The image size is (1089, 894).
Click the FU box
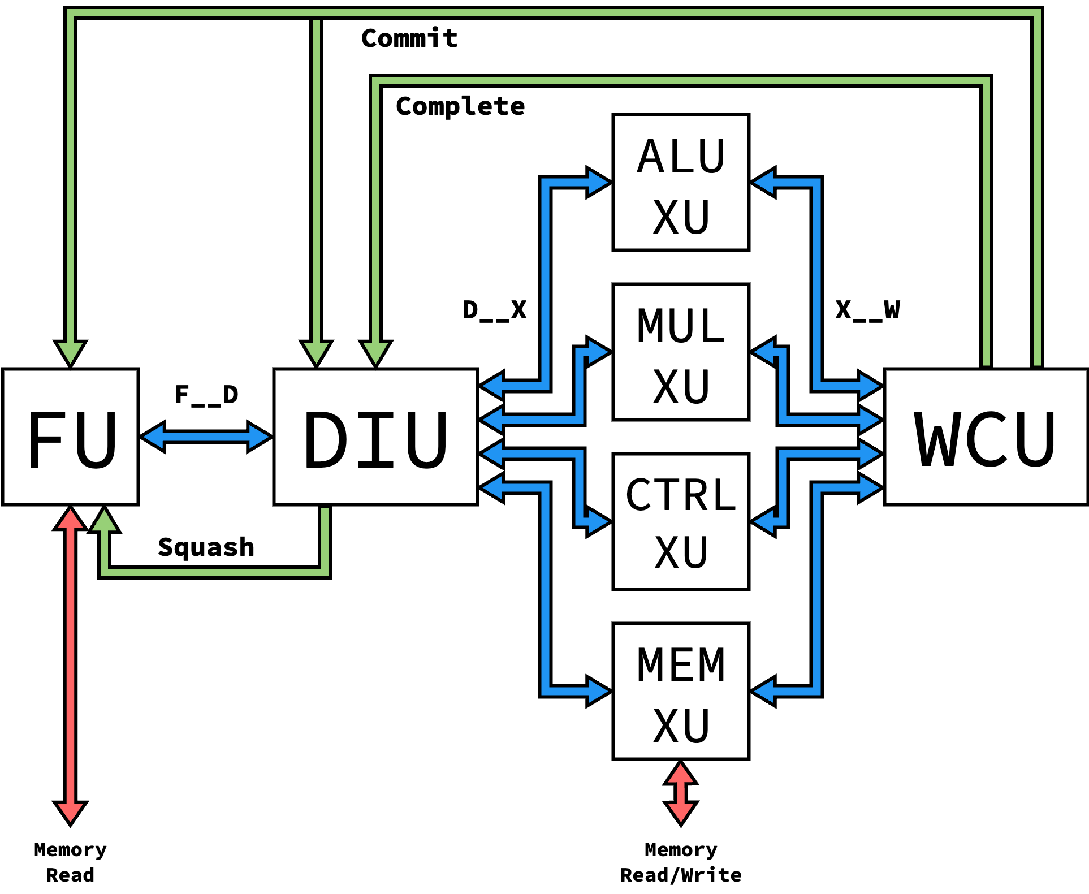(70, 437)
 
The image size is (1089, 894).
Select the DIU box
(375, 437)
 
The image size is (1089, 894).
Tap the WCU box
(986, 437)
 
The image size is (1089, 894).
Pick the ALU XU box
(681, 182)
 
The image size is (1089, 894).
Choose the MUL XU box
(681, 352)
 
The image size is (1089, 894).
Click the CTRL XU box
(681, 521)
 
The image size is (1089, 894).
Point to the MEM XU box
(681, 691)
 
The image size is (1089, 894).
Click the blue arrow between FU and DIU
(206, 437)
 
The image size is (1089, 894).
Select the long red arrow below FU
(71, 665)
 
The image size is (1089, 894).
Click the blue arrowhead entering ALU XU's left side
(598, 182)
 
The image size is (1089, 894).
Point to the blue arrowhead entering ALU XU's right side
(764, 182)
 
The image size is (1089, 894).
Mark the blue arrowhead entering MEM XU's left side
(598, 691)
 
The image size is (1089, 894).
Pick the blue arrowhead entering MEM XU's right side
(764, 691)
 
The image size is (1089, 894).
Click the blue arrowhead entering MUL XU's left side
(598, 352)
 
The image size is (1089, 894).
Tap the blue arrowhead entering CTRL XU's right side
(764, 521)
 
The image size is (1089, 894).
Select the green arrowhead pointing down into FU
(71, 353)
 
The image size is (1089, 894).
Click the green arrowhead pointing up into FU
(104, 520)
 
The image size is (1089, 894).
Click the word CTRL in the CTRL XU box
(681, 495)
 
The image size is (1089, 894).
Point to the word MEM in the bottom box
(681, 665)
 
